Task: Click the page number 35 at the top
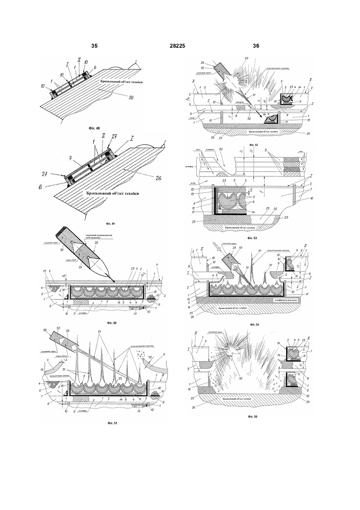pos(94,46)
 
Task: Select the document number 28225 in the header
pos(177,46)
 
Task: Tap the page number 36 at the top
pos(256,46)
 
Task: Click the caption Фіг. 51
pos(109,423)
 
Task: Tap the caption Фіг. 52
pos(250,145)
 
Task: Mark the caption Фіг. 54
pos(250,324)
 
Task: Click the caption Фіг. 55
pos(250,417)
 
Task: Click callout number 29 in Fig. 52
pos(247,60)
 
